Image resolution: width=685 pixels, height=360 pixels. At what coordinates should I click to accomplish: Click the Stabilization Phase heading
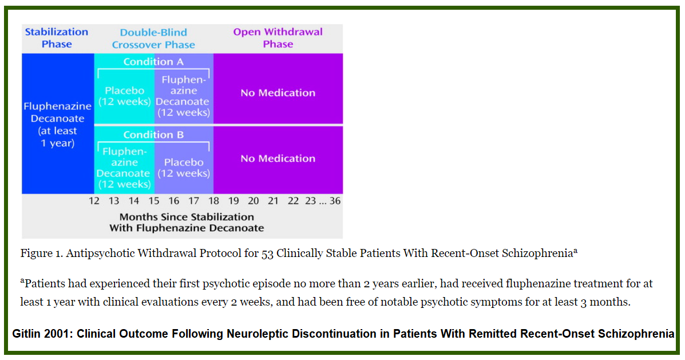(57, 38)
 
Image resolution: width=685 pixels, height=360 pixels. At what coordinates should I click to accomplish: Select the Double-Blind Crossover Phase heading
(153, 38)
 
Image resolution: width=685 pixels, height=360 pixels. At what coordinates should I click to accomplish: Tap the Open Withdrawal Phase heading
(278, 38)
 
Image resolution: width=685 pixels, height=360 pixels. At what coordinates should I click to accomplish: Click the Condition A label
(153, 62)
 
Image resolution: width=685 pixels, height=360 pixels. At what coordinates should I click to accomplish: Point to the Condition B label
(153, 134)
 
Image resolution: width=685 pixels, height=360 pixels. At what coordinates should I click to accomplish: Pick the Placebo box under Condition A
(125, 96)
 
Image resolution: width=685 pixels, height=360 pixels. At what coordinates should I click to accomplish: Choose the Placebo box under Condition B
(184, 168)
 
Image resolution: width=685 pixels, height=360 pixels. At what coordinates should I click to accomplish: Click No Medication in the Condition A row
(278, 93)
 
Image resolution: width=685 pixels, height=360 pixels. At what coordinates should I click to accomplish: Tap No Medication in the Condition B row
(278, 158)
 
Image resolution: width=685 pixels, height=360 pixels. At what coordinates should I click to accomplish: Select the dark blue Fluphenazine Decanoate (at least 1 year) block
(58, 124)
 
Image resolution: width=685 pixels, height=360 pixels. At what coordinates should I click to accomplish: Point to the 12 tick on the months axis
(94, 201)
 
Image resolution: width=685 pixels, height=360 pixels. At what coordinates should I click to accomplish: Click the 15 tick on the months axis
(154, 201)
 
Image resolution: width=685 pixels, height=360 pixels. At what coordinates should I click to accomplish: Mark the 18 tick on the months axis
(213, 201)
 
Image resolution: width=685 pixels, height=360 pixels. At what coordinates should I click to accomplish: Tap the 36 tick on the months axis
(335, 201)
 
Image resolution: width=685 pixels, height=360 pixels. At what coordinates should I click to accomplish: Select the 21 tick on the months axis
(273, 201)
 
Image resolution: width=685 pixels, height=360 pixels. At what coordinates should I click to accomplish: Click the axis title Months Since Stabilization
(187, 217)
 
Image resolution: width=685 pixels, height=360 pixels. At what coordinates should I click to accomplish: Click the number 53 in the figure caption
(267, 254)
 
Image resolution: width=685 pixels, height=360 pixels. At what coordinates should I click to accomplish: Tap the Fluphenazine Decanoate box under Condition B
(125, 168)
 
